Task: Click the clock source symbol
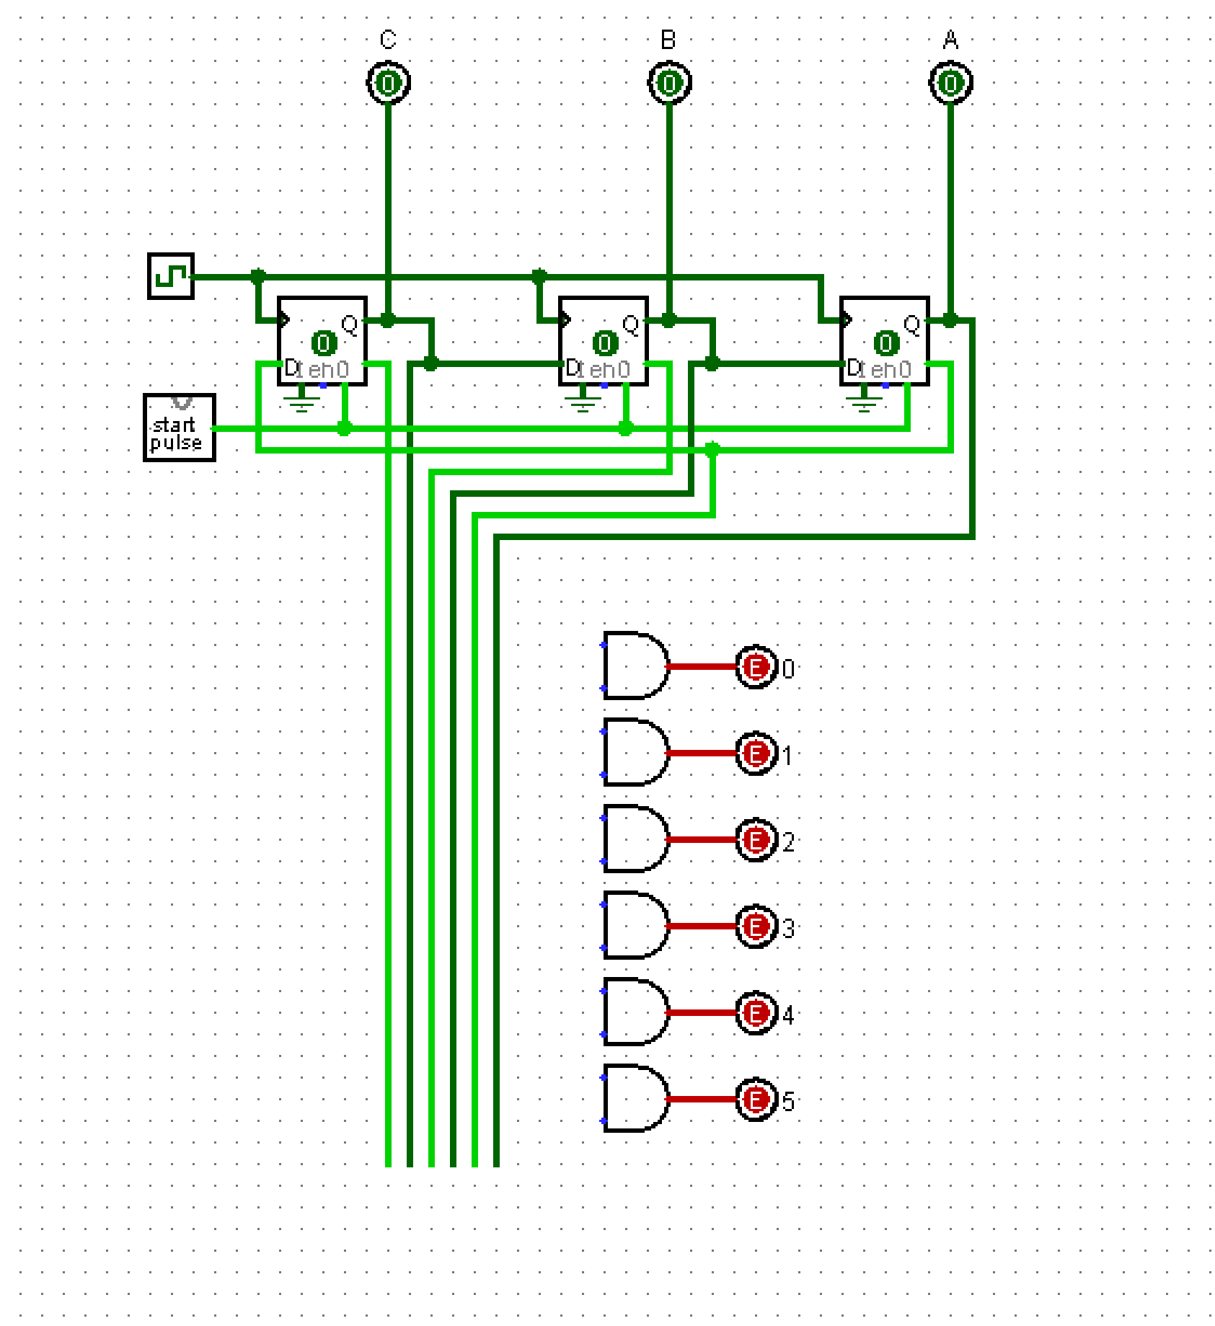click(x=171, y=275)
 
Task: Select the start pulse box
click(x=180, y=428)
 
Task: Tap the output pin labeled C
click(x=388, y=84)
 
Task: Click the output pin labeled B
click(x=669, y=84)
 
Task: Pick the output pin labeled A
click(x=950, y=84)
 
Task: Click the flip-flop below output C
click(x=322, y=341)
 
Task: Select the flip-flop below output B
click(x=604, y=341)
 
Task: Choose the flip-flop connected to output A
click(x=885, y=341)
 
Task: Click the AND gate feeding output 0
click(x=633, y=666)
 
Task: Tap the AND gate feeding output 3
click(x=633, y=925)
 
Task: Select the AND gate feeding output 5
click(x=633, y=1098)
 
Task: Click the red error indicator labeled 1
click(x=756, y=753)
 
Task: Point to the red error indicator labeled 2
click(x=756, y=840)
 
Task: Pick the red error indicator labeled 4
click(x=756, y=1013)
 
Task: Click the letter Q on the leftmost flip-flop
click(x=350, y=324)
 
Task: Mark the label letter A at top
click(x=950, y=40)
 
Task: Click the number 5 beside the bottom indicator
click(x=788, y=1102)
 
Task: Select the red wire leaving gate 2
click(x=702, y=839)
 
